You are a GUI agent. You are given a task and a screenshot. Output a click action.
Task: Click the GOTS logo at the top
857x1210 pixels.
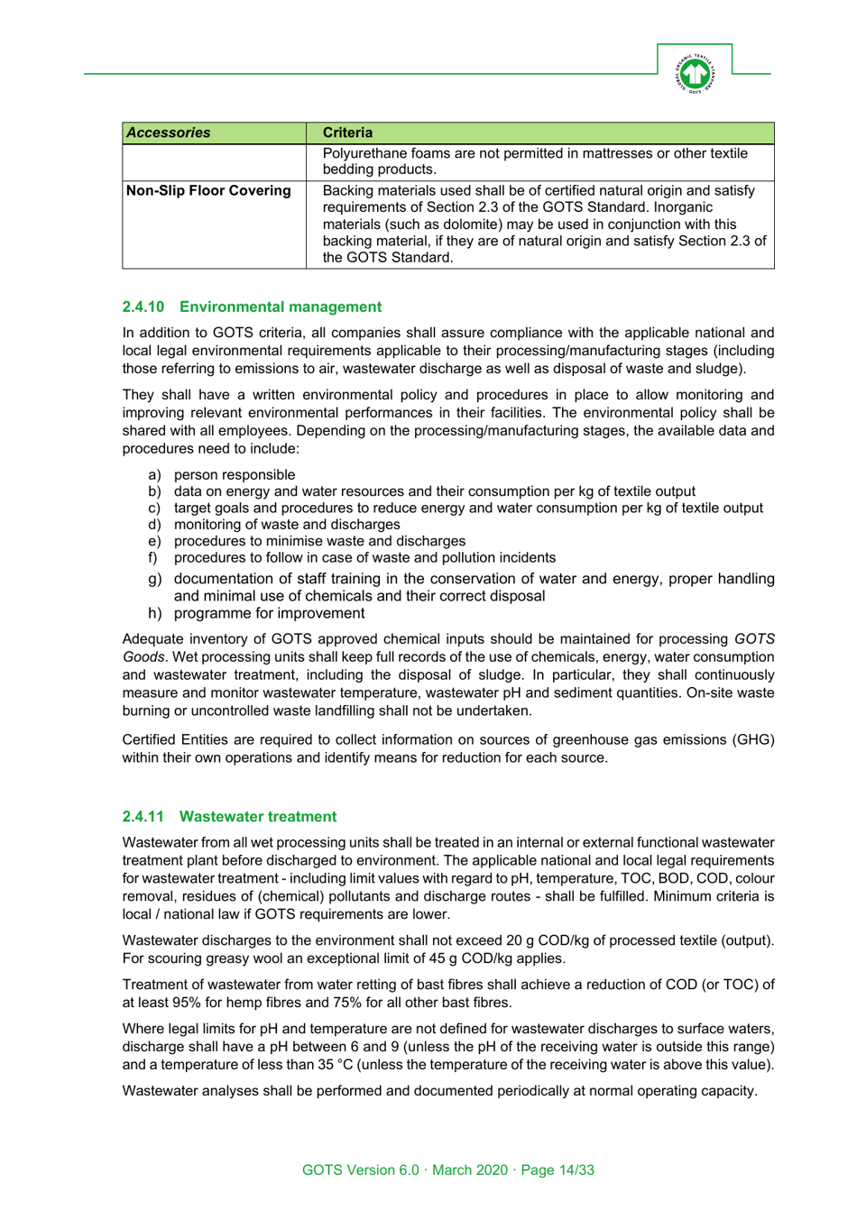695,73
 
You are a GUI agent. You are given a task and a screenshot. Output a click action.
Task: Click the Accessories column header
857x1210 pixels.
169,133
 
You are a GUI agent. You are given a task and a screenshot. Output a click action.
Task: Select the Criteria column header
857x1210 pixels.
347,133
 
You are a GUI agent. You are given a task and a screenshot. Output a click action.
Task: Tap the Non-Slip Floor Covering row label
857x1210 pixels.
208,190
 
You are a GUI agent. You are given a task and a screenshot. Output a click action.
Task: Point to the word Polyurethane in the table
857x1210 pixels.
365,153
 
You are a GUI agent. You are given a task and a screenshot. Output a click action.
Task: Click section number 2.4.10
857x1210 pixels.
143,307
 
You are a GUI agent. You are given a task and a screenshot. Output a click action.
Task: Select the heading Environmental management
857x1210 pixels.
281,307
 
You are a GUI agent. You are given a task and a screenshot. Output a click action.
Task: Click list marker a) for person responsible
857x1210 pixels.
154,474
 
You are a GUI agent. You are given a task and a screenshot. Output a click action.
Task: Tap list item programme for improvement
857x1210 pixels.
269,613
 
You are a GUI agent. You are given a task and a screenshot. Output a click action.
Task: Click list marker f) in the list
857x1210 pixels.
152,557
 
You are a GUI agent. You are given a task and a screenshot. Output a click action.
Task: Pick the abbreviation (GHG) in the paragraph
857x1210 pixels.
750,739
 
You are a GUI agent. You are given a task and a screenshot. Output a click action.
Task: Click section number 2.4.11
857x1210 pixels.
143,816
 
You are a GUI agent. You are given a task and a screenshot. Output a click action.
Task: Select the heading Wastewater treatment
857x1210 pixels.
258,816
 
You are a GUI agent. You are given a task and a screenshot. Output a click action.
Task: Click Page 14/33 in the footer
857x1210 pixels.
558,1169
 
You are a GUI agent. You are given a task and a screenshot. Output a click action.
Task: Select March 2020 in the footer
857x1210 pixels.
470,1169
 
